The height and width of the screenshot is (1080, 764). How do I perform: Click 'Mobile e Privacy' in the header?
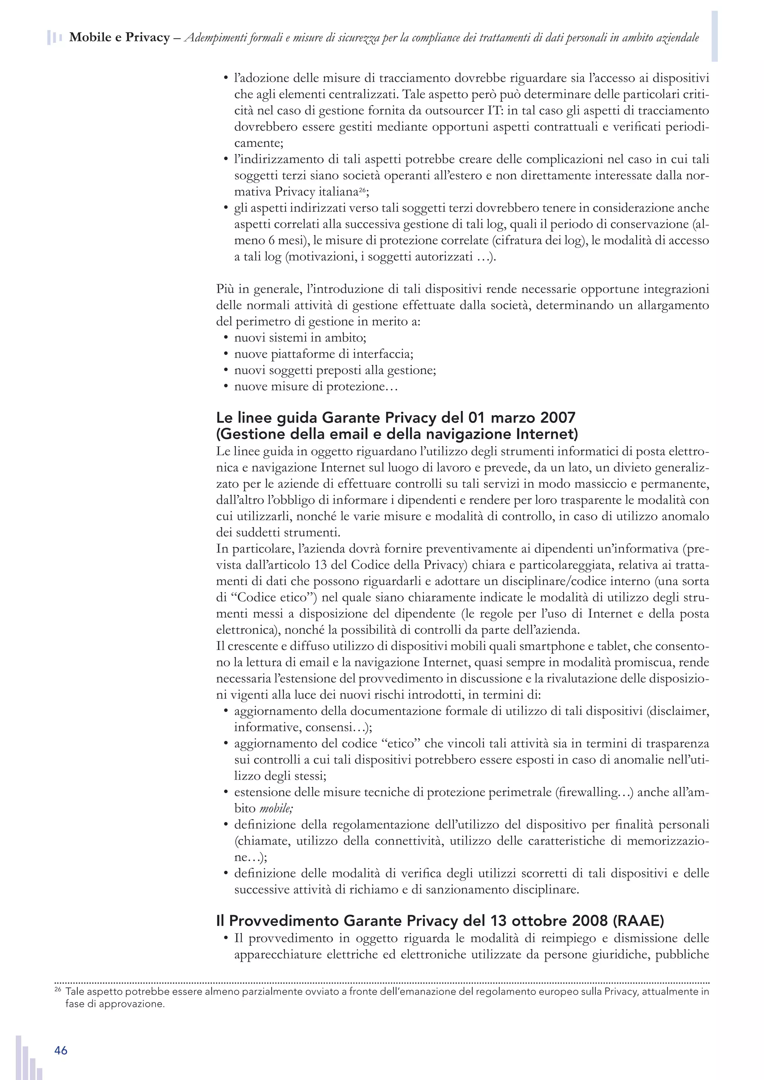click(119, 38)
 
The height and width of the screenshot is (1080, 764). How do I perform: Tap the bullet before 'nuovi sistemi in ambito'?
click(225, 338)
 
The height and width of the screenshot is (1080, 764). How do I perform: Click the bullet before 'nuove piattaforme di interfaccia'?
click(225, 354)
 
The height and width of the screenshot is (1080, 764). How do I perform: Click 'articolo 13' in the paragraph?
click(304, 565)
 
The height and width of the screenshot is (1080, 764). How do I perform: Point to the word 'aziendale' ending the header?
click(677, 38)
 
